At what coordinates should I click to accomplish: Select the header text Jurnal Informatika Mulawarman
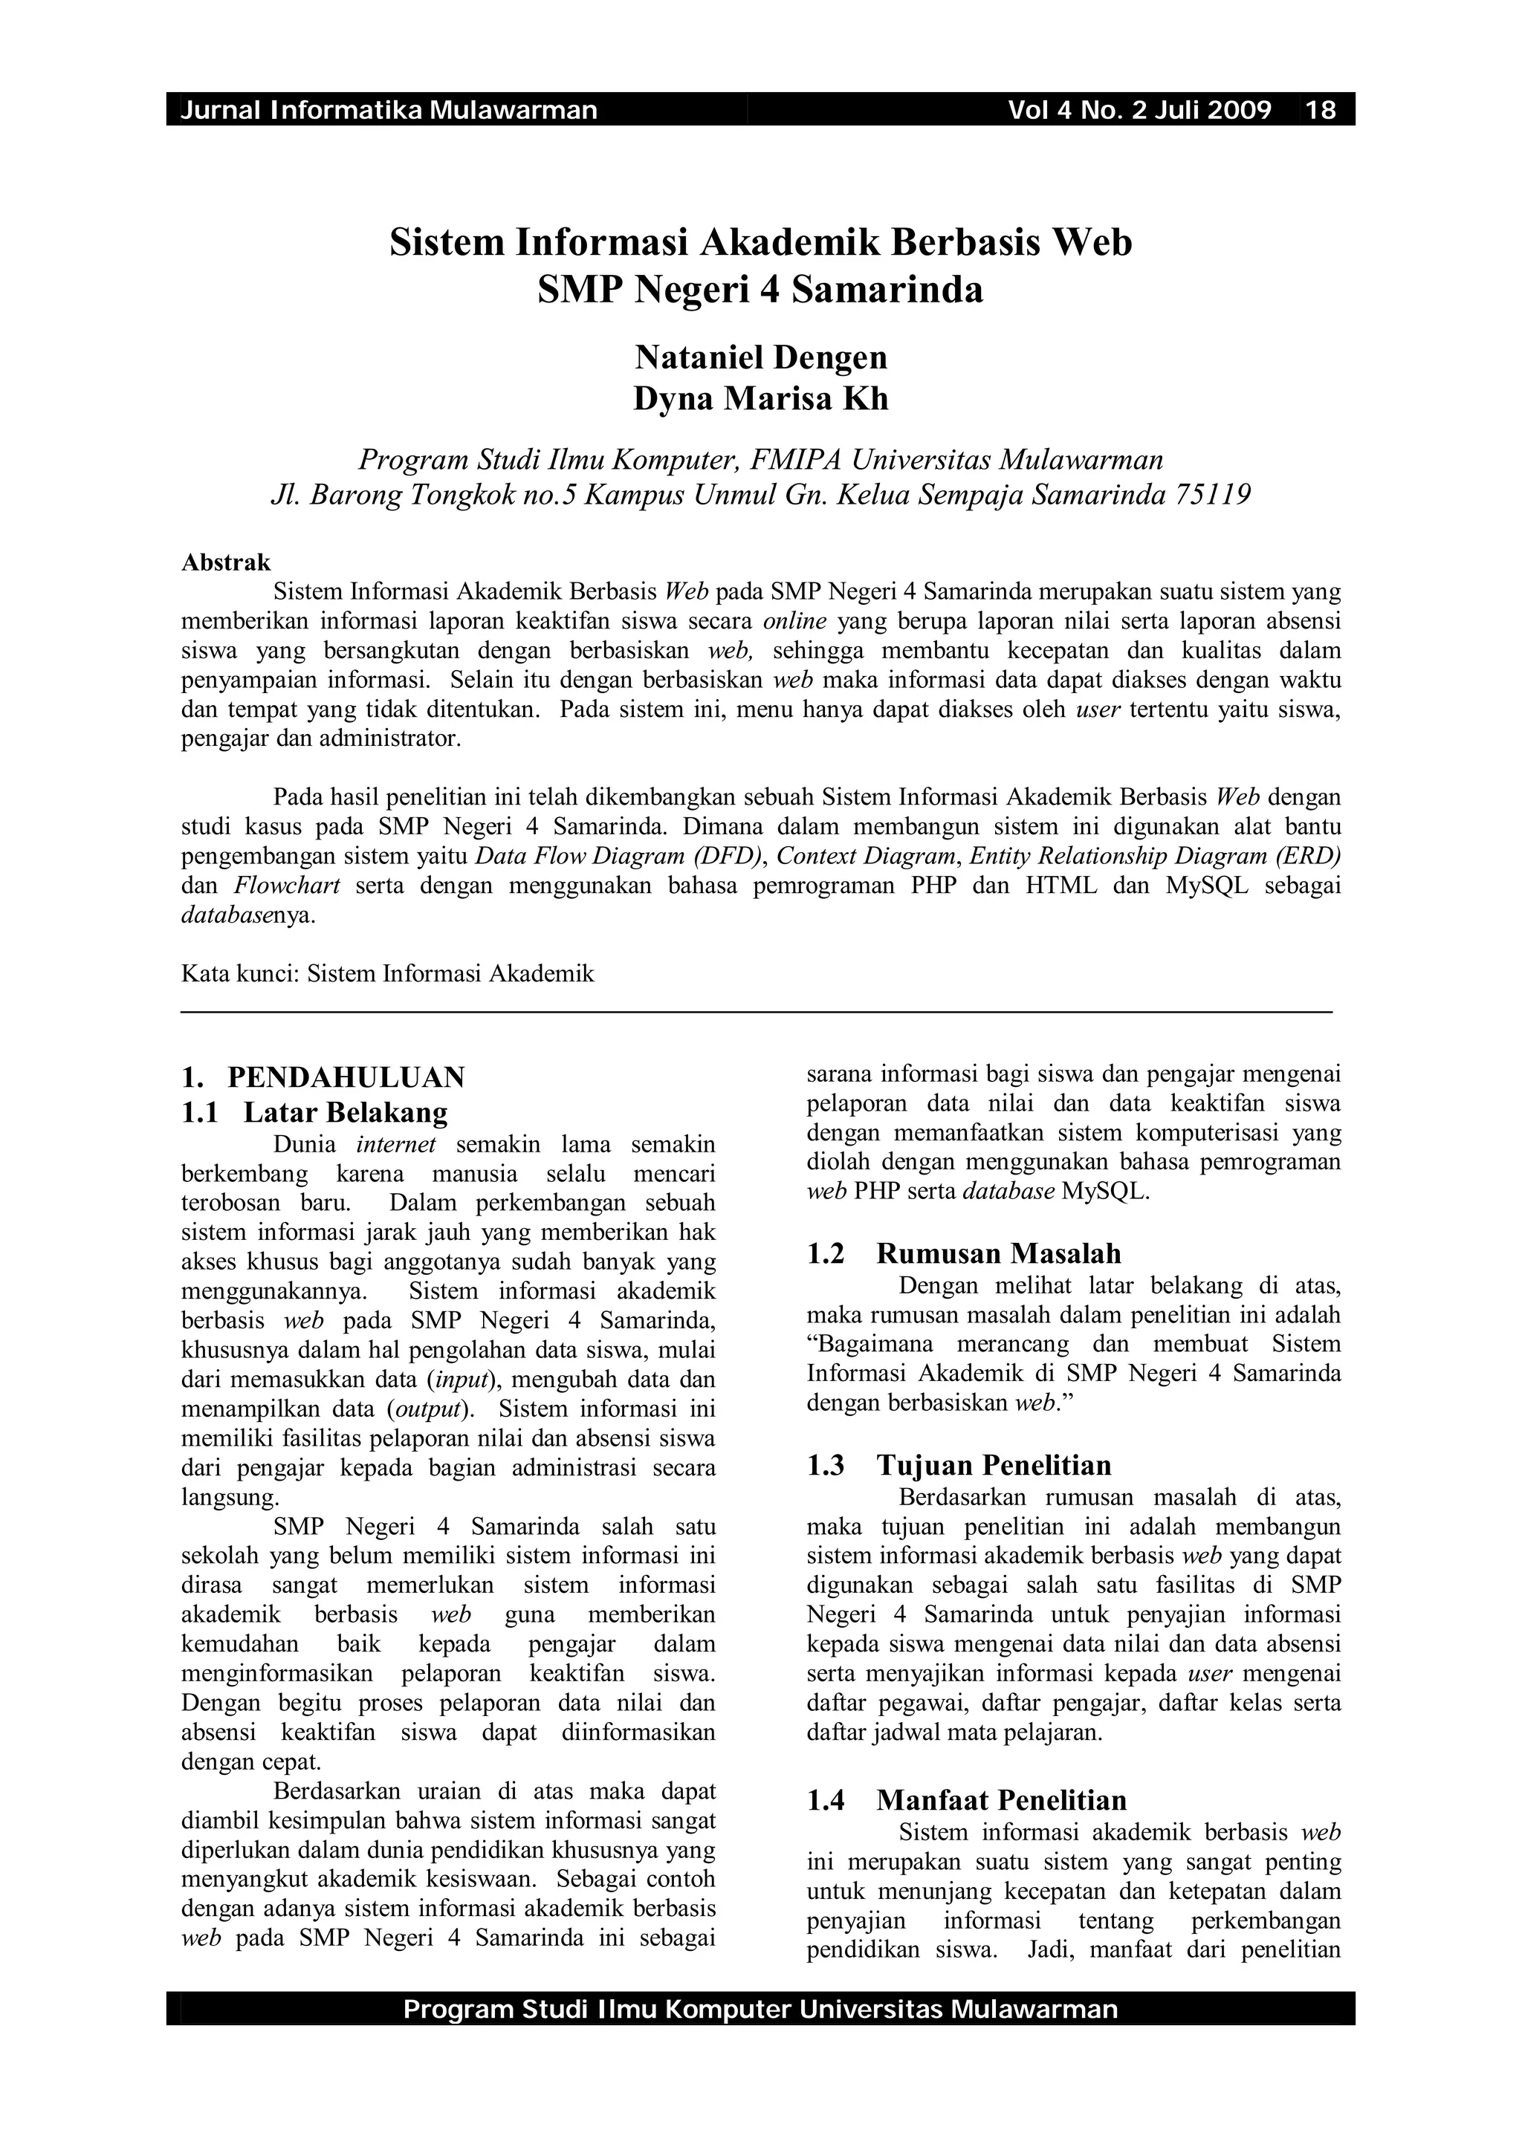tap(388, 111)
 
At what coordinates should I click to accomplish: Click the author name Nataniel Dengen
tap(760, 357)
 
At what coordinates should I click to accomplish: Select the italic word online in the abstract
tap(794, 621)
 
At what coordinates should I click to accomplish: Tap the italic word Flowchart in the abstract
tap(287, 886)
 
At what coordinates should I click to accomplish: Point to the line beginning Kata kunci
tap(387, 973)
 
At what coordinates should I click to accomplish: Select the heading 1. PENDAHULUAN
tap(323, 1077)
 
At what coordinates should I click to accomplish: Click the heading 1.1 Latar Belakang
tap(314, 1112)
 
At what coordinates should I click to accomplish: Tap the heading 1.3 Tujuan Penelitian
tap(959, 1465)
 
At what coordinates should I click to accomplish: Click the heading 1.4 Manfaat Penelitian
tap(966, 1799)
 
